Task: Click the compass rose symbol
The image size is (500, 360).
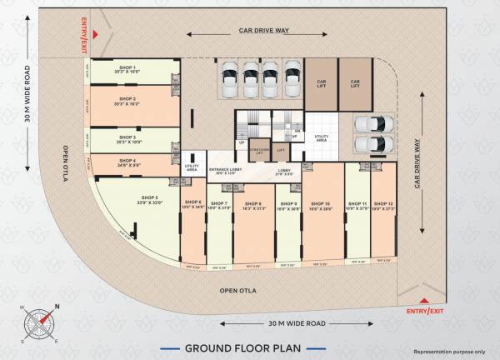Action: (x=38, y=322)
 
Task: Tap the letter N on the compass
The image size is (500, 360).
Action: (x=57, y=306)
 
